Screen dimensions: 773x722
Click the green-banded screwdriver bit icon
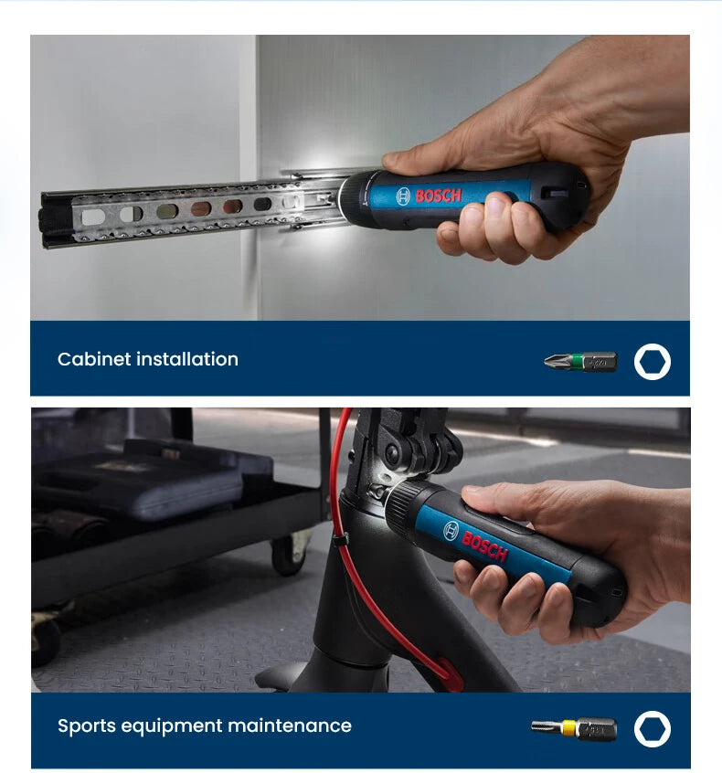pyautogui.click(x=580, y=362)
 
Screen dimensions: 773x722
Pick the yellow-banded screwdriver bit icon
pyautogui.click(x=574, y=728)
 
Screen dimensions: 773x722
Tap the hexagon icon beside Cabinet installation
pyautogui.click(x=653, y=362)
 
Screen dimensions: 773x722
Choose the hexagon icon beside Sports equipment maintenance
pyautogui.click(x=653, y=729)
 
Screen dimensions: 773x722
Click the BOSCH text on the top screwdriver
pyautogui.click(x=439, y=195)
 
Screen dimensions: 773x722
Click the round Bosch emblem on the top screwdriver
pyautogui.click(x=404, y=196)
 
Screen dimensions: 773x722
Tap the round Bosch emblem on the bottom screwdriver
pyautogui.click(x=451, y=530)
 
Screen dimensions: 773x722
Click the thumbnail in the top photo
pyautogui.click(x=491, y=207)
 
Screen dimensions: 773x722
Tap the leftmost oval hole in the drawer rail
pyautogui.click(x=93, y=217)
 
